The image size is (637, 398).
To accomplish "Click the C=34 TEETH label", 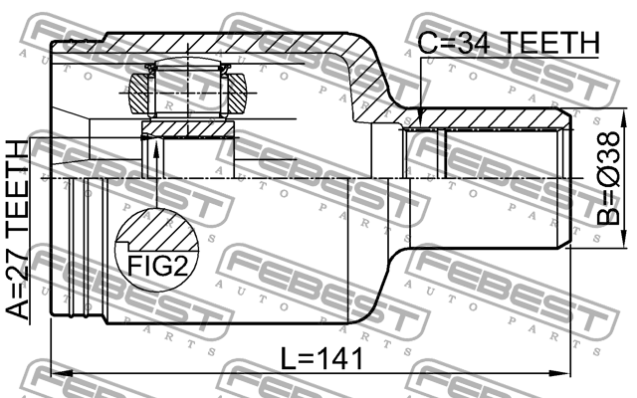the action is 509,43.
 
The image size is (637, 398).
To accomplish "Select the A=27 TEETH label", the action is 18,230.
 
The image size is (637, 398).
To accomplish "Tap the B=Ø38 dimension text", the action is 608,179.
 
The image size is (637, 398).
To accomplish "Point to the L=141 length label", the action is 322,358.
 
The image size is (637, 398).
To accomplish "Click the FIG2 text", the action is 158,266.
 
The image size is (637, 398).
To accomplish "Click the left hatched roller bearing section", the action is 138,93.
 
